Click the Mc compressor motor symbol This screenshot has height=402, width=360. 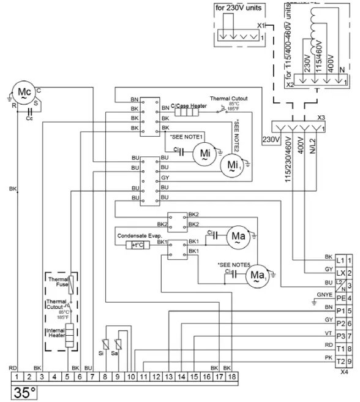pos(24,93)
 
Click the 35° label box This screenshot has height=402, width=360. pos(24,393)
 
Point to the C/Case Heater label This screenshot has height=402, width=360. pos(189,106)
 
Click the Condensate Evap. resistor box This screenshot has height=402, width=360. pos(134,245)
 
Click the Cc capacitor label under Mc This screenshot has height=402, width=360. pos(29,119)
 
